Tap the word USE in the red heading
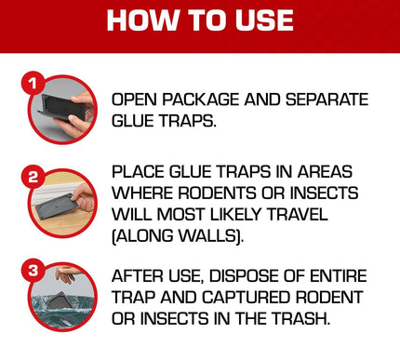[x=263, y=20]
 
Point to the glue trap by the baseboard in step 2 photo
[x=58, y=202]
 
